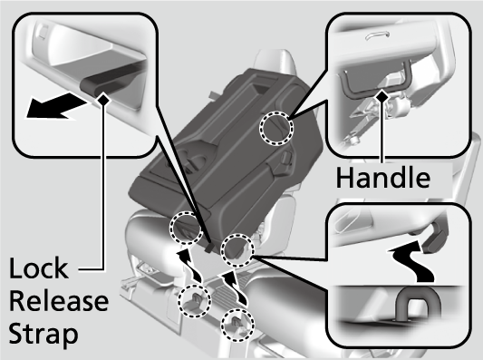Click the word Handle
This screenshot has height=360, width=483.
[383, 178]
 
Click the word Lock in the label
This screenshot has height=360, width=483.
[38, 268]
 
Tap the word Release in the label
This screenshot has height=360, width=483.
[59, 301]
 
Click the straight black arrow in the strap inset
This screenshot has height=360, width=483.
[55, 105]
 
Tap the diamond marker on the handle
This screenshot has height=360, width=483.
[383, 96]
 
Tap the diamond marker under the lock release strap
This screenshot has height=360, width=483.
[103, 99]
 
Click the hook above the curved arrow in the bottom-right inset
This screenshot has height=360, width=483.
[434, 238]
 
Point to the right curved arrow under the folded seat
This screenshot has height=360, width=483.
[233, 287]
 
